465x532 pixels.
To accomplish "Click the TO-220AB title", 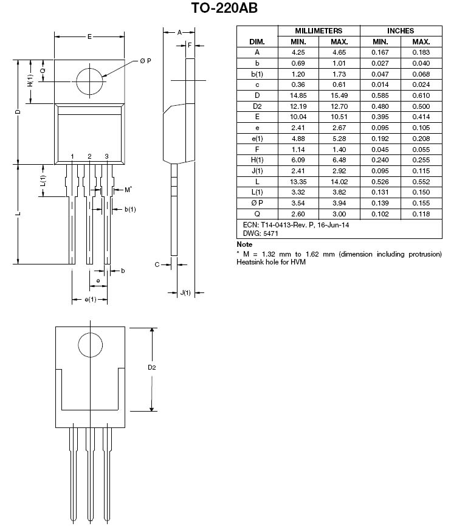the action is click(224, 7).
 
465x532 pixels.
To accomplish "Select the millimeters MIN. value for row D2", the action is click(298, 106).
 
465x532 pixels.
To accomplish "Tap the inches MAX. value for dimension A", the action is click(421, 52).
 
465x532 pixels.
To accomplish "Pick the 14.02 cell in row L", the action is click(339, 182).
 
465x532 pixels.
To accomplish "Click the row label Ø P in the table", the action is click(257, 203).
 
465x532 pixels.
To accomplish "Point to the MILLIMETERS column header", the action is click(319, 31).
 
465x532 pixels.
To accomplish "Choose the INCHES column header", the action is click(401, 31).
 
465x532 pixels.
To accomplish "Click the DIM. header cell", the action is click(257, 42).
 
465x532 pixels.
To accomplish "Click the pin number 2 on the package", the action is click(89, 156).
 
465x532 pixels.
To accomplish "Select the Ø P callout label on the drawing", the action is click(145, 61).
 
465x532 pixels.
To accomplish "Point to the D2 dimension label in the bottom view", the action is click(151, 367).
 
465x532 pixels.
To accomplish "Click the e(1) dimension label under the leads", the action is click(90, 299).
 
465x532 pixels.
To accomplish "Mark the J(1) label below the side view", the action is click(185, 292).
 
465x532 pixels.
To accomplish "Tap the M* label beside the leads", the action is click(128, 190).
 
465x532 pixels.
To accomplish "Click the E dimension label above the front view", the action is click(89, 36).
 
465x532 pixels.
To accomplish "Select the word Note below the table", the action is click(244, 244).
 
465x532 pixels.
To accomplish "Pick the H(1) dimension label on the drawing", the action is click(30, 80).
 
